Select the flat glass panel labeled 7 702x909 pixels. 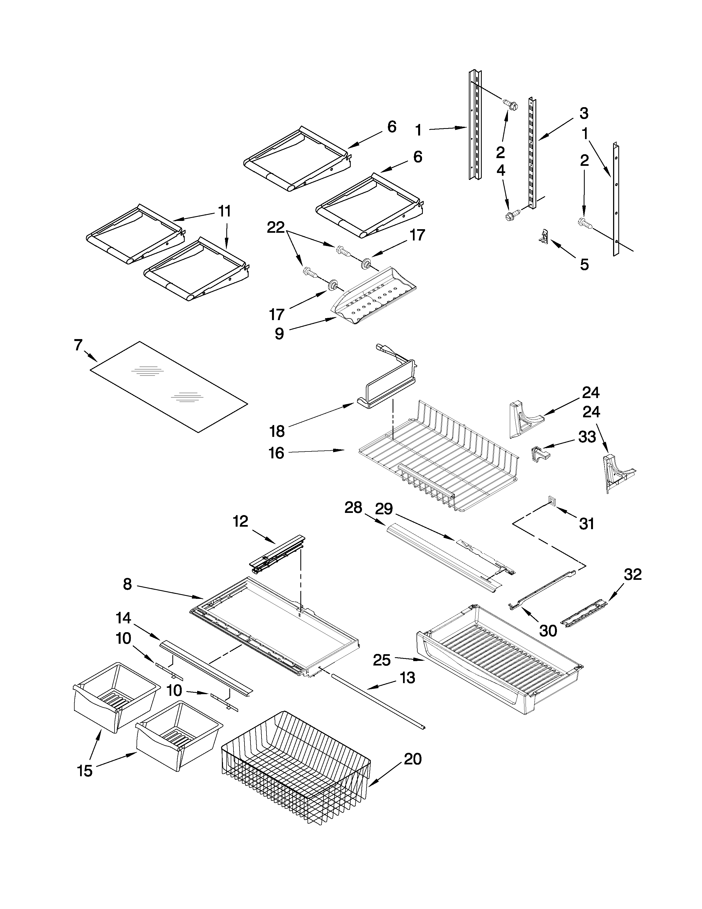coord(168,387)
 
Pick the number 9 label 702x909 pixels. coord(279,333)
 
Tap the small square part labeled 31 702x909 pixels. coord(551,499)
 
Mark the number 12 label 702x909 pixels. coord(240,521)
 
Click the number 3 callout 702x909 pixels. coord(583,113)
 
